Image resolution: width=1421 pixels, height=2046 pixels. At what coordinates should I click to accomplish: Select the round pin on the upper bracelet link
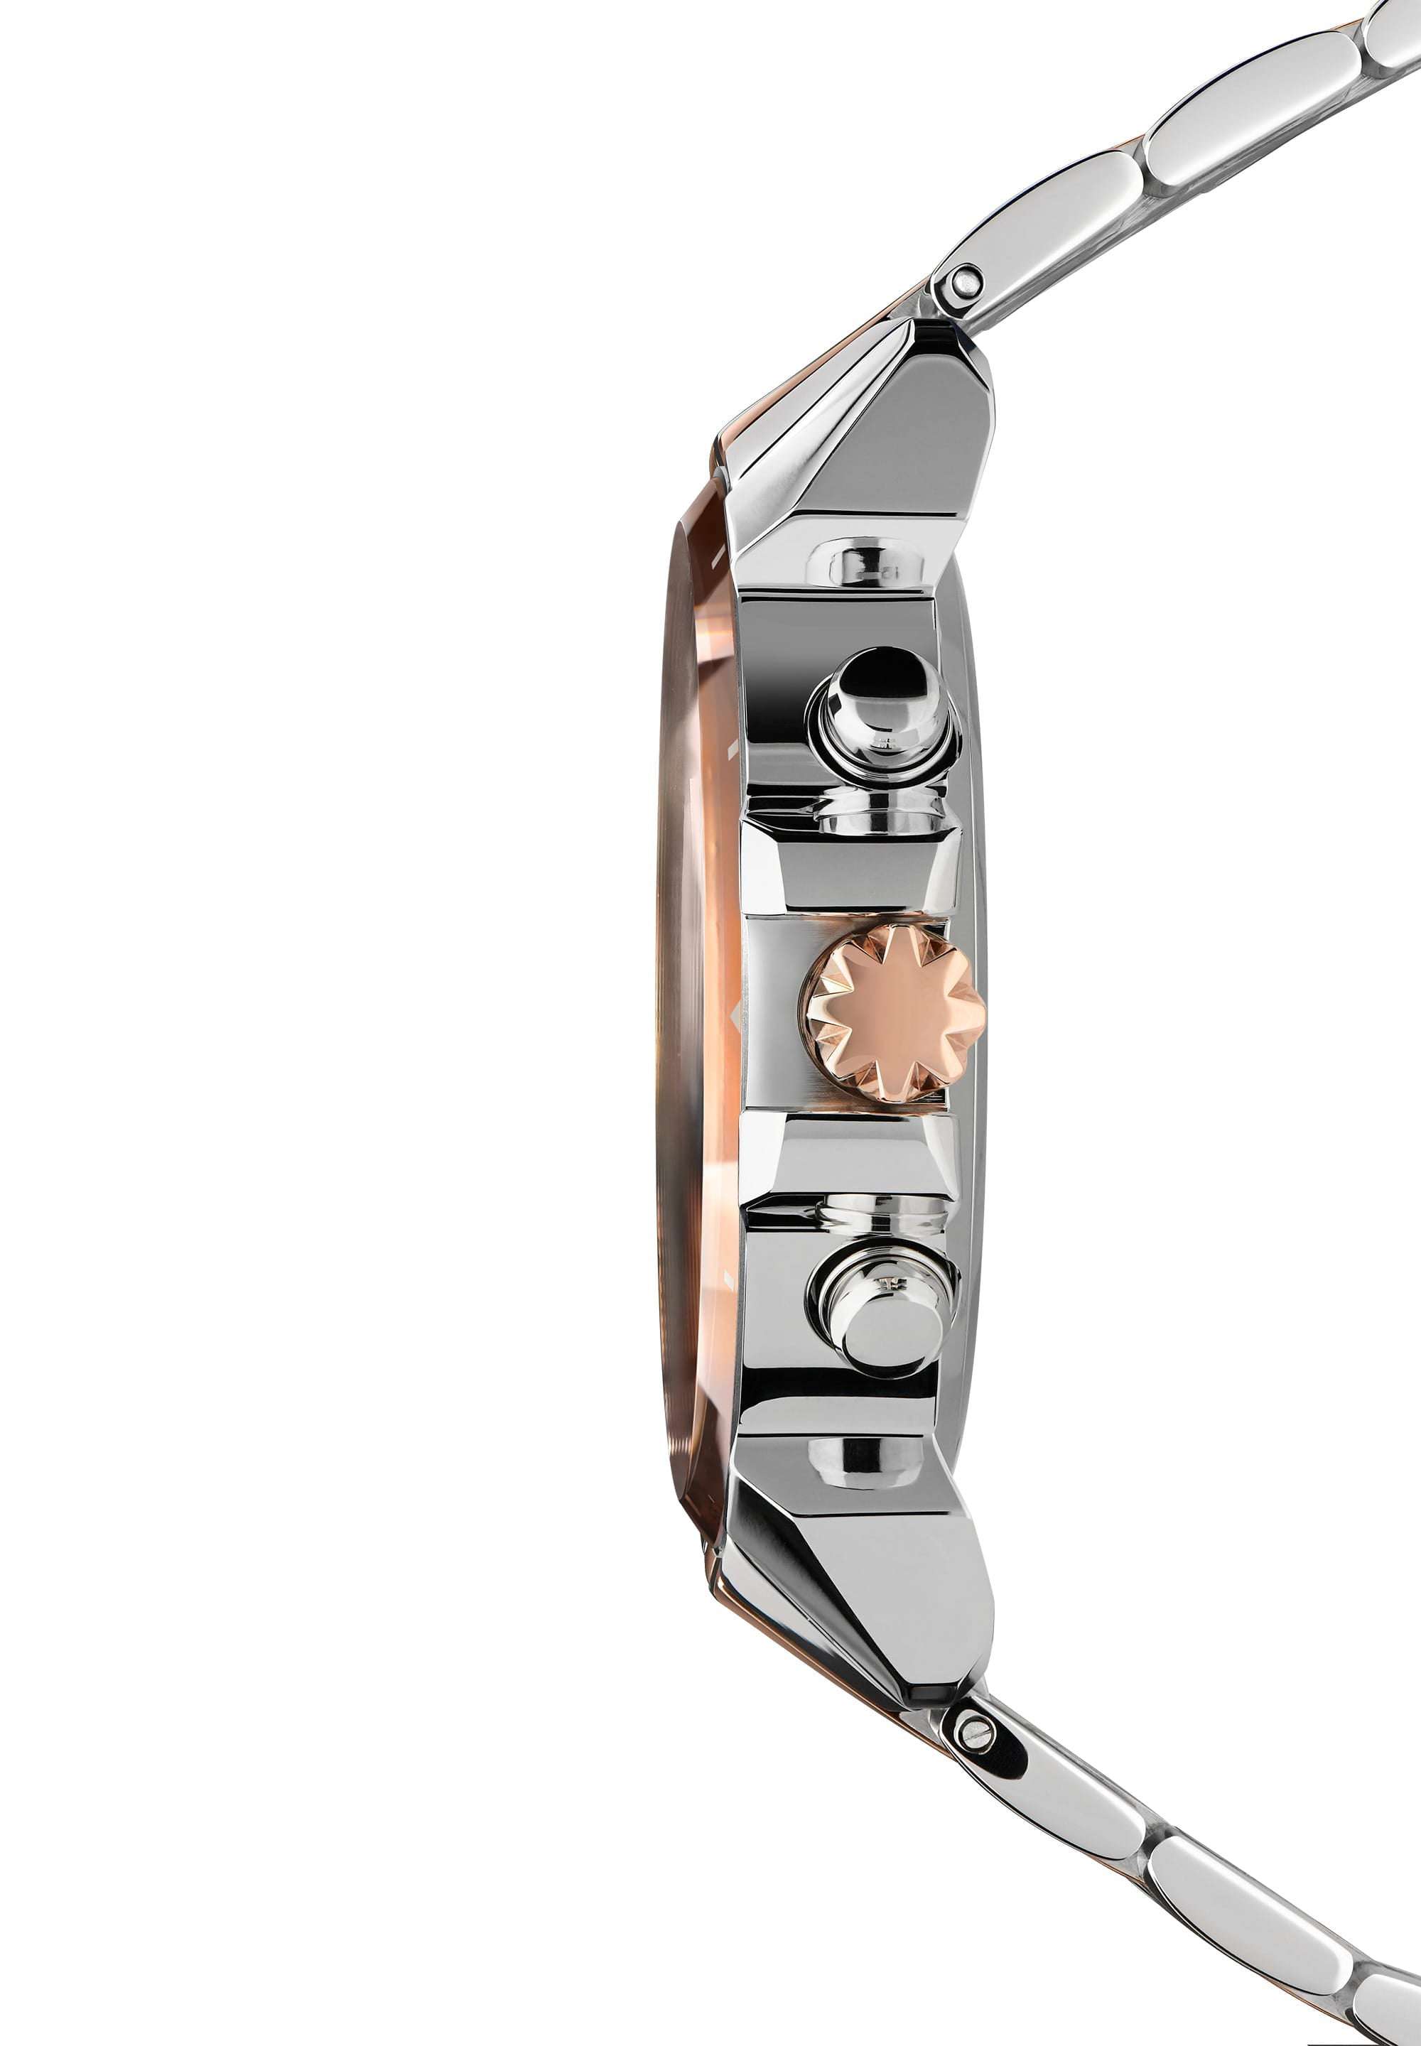pyautogui.click(x=961, y=285)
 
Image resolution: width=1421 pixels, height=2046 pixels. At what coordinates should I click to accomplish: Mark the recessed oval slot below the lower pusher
pyautogui.click(x=864, y=1462)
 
